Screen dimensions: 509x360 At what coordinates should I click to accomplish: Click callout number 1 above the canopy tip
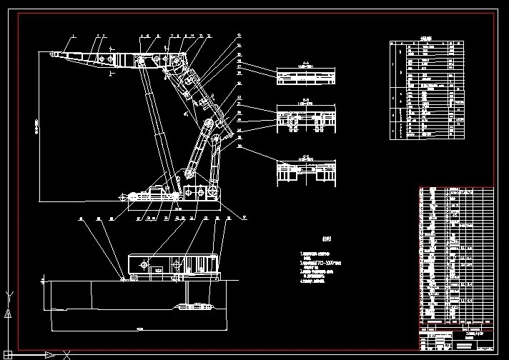tap(73, 35)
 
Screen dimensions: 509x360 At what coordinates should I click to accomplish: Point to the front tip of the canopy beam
tap(52, 54)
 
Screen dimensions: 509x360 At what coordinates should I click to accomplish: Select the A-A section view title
tap(305, 63)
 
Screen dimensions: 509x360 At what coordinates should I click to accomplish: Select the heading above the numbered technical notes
tap(326, 240)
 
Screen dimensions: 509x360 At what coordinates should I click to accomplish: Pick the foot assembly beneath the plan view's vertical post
tap(192, 306)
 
